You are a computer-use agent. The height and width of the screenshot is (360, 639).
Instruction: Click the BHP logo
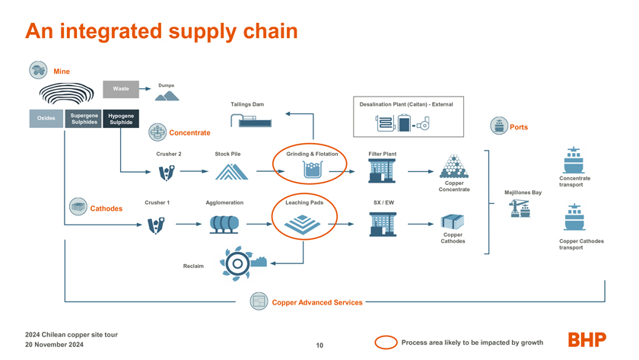point(587,339)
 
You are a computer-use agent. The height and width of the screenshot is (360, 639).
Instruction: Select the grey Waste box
point(121,89)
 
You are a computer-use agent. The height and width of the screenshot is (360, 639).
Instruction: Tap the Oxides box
point(46,118)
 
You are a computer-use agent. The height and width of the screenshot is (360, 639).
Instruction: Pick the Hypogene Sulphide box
point(121,119)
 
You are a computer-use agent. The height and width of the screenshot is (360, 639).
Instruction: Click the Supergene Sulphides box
point(84,119)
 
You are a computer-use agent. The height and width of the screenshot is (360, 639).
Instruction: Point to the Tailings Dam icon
point(251,121)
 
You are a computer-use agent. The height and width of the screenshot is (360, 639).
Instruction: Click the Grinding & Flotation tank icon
point(313,170)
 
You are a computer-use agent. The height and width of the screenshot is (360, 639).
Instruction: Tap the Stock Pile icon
point(231,172)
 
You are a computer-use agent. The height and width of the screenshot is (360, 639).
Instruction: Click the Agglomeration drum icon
point(224,225)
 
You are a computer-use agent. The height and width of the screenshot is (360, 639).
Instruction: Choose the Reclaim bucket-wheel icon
point(243,263)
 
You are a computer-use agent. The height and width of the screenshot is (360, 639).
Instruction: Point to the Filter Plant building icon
point(382,170)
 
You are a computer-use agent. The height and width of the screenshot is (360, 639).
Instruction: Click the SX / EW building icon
point(383,224)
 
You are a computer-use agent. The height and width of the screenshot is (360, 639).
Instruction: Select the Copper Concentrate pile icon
point(454,167)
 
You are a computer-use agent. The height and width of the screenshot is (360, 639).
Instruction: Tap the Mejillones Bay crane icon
point(520,208)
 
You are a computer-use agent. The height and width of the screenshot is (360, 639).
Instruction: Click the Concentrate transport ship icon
point(574,160)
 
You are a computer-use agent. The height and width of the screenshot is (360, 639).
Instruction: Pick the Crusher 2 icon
point(167,173)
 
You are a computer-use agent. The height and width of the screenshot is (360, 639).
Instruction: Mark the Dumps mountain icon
point(167,96)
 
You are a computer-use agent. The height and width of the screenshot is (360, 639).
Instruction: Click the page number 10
point(319,346)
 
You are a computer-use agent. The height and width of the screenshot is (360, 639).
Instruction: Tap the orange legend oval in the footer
point(386,342)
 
